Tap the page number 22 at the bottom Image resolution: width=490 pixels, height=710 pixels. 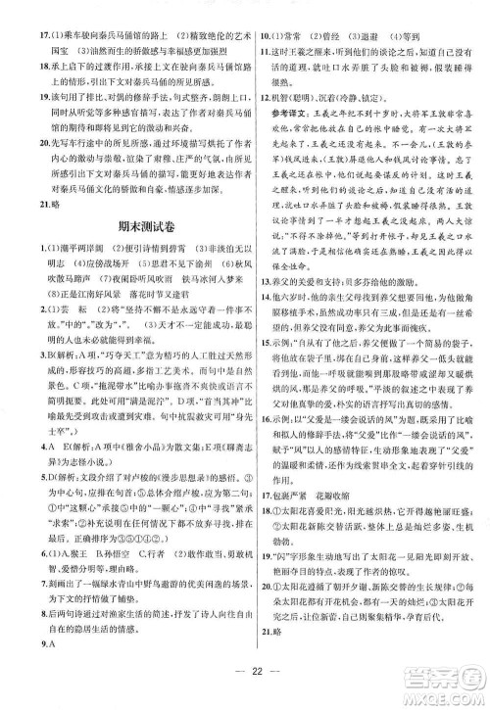coord(245,683)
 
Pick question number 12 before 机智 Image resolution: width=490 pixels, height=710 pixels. coord(263,125)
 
